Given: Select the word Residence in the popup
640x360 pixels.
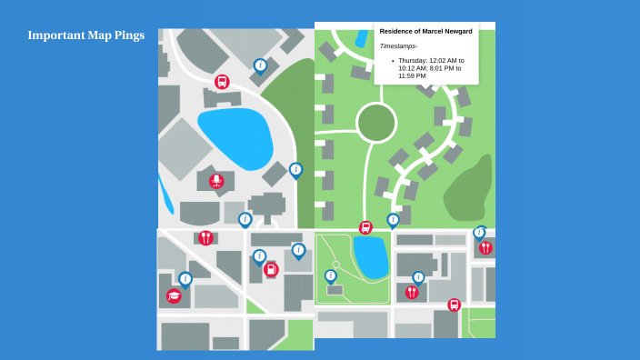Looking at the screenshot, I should click(x=398, y=31).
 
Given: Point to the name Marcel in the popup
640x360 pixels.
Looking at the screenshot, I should click(x=436, y=31).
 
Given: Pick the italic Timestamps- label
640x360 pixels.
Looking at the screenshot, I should click(x=398, y=45).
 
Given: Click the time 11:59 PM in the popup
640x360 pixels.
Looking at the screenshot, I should click(x=412, y=75).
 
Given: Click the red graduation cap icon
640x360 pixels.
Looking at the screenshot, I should click(x=174, y=295).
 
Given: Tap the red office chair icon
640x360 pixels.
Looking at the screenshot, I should click(x=216, y=181).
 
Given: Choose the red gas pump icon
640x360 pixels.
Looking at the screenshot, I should click(x=270, y=269).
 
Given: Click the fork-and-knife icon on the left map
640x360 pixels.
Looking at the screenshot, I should click(x=206, y=238).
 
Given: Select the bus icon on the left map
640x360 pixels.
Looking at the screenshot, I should click(x=222, y=82).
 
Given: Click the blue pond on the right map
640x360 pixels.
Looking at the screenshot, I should click(x=371, y=256).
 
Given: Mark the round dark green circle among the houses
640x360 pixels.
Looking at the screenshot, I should click(x=375, y=122).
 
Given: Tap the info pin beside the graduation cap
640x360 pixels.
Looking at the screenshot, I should click(x=185, y=279).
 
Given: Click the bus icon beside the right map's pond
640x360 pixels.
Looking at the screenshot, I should click(x=365, y=227).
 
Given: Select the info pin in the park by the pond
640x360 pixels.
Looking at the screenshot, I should click(x=331, y=275).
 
